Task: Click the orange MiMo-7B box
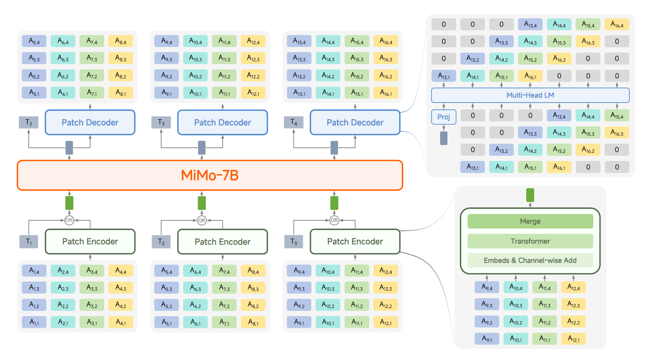tap(210, 175)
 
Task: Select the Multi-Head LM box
tap(530, 95)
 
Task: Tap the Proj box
tap(443, 117)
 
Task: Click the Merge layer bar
tap(530, 221)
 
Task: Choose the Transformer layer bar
tap(530, 241)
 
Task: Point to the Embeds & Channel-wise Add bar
tap(530, 260)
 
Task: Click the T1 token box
tap(29, 242)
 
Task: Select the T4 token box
tap(294, 122)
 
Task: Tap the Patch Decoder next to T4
tap(355, 122)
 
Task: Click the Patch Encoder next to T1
tap(90, 241)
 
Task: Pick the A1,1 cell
tap(34, 322)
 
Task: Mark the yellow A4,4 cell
tap(121, 271)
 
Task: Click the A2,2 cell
tap(63, 305)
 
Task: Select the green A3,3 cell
tap(92, 288)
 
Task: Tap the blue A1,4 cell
tap(34, 271)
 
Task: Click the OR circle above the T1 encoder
tap(69, 220)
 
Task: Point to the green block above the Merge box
tap(530, 195)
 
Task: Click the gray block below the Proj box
tap(443, 138)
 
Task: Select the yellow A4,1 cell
tap(121, 322)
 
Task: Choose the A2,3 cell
tap(63, 288)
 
